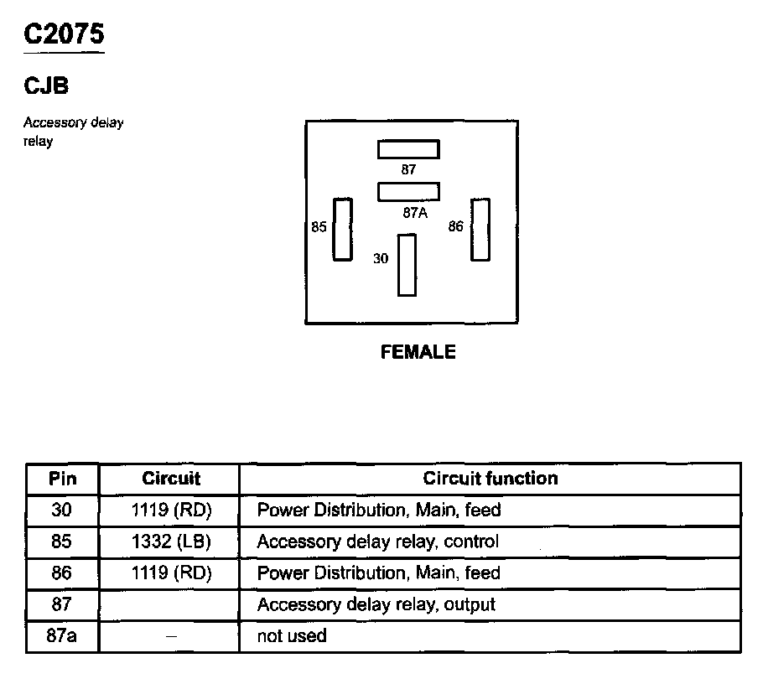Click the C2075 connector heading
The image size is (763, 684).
tap(64, 35)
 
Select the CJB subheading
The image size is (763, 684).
tap(46, 85)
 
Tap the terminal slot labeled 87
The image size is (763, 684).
tap(408, 149)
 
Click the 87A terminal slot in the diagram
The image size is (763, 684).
tap(408, 192)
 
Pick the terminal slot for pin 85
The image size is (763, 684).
tap(342, 230)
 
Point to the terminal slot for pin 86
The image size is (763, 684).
tap(480, 230)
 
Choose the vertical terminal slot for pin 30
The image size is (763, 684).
tap(407, 265)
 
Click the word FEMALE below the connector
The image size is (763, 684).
tap(418, 352)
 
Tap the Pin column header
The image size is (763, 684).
tap(62, 479)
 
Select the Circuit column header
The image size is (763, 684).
tap(171, 479)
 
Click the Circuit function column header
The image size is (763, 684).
tap(490, 479)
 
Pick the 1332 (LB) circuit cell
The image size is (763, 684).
tap(171, 541)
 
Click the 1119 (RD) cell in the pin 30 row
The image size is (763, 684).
tap(171, 510)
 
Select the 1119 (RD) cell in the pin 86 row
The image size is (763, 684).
tap(171, 573)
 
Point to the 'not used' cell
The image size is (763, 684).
tap(291, 636)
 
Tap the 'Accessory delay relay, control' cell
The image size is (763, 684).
tap(377, 541)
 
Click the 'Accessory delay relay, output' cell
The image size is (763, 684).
tap(376, 604)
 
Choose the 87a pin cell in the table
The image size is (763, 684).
tap(62, 636)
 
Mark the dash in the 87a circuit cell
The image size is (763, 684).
tap(171, 636)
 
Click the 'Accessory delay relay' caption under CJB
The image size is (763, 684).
tap(73, 132)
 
